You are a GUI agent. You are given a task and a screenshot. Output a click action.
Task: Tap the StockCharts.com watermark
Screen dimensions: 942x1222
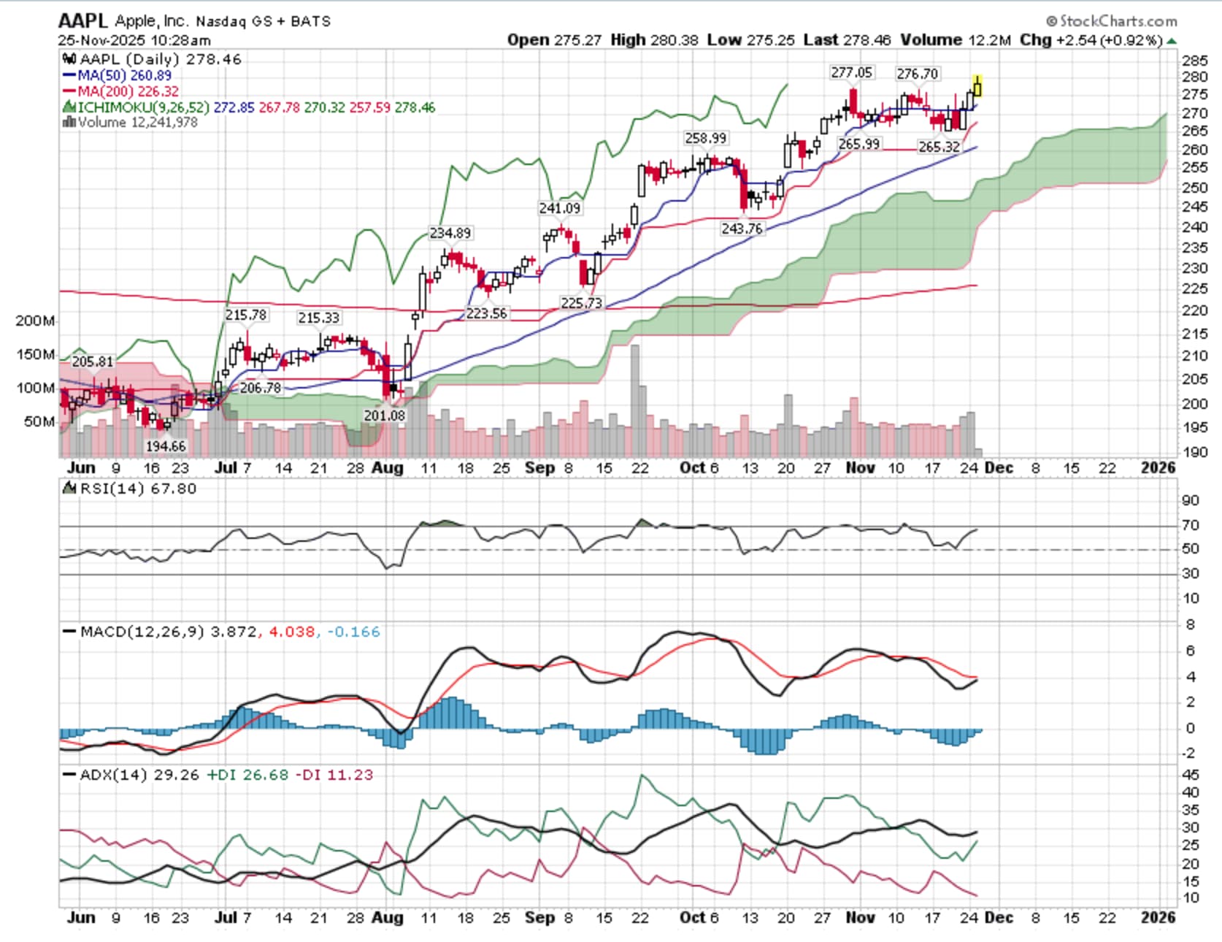[x=1111, y=21]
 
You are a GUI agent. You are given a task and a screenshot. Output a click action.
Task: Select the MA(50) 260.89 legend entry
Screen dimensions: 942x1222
[x=118, y=75]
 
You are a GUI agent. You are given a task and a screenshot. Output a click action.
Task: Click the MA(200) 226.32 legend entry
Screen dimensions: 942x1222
[x=120, y=91]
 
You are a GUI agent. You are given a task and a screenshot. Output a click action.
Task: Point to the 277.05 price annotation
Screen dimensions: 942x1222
[x=851, y=72]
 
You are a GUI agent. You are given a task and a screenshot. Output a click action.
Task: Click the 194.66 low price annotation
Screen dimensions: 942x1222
[x=166, y=445]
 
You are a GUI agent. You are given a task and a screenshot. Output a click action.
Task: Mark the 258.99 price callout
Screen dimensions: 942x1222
[x=705, y=138]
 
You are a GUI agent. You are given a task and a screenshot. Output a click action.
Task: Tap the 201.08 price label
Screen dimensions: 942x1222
[x=384, y=415]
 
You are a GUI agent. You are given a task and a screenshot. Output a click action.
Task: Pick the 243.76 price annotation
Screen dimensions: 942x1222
[x=742, y=229]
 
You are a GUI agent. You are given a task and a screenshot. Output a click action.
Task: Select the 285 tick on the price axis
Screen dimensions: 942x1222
[x=1194, y=60]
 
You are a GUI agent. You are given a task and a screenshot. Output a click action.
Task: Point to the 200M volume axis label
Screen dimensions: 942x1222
[x=34, y=321]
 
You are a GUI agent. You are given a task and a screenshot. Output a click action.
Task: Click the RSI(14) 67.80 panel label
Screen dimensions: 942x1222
[x=130, y=489]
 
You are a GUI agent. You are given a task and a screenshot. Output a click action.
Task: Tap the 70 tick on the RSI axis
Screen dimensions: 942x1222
[x=1190, y=525]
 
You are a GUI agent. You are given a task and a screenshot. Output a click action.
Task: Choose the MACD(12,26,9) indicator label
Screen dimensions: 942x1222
[x=142, y=632]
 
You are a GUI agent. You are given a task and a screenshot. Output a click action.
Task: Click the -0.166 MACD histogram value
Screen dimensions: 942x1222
[x=353, y=632]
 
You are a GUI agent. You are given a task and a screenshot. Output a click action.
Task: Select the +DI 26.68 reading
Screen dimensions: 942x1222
[x=247, y=775]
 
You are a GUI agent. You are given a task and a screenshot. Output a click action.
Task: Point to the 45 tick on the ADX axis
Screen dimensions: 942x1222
[x=1190, y=775]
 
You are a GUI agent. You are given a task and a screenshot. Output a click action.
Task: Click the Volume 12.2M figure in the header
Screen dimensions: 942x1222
[x=955, y=39]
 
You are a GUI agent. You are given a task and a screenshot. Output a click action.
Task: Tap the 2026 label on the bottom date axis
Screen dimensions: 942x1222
[x=1158, y=917]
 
